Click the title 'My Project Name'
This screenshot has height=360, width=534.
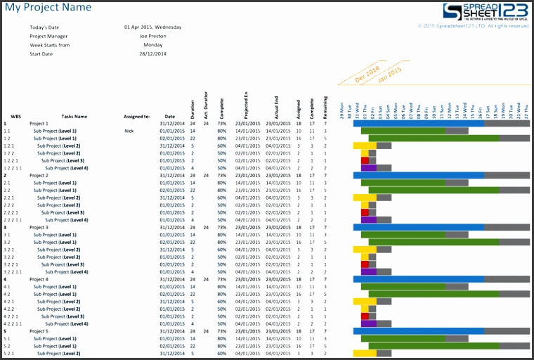pyautogui.click(x=48, y=8)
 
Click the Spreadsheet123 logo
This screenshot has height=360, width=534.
pyautogui.click(x=485, y=12)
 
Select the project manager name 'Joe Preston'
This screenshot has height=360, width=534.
pyautogui.click(x=152, y=36)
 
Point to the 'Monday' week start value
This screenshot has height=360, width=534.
pyautogui.click(x=152, y=44)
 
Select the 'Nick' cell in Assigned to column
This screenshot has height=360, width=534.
pyautogui.click(x=129, y=131)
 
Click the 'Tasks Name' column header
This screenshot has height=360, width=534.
pyautogui.click(x=74, y=117)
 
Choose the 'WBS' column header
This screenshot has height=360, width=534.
pyautogui.click(x=15, y=117)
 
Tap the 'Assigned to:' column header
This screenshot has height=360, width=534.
pyautogui.click(x=137, y=117)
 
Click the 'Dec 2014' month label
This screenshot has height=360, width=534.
pyautogui.click(x=366, y=74)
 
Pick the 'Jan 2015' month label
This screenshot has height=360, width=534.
pyautogui.click(x=390, y=75)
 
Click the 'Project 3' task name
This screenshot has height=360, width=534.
pyautogui.click(x=39, y=227)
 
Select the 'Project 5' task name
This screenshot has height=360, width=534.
pyautogui.click(x=39, y=331)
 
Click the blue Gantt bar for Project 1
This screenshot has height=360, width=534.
pyautogui.click(x=418, y=123)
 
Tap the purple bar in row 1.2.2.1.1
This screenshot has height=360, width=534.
pyautogui.click(x=369, y=168)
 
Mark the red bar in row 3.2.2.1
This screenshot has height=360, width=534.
pyautogui.click(x=365, y=264)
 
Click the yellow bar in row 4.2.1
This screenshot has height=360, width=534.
pyautogui.click(x=365, y=302)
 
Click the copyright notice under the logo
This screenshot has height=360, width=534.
pyautogui.click(x=473, y=26)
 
